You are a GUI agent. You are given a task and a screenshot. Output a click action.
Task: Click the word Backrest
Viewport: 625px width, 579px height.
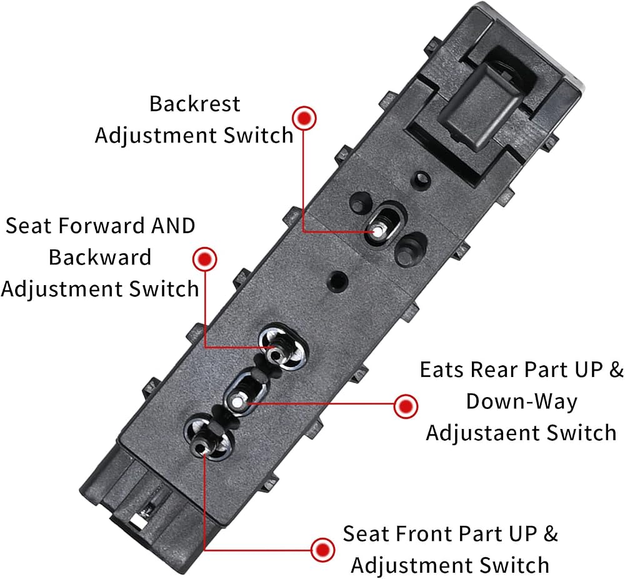(x=194, y=104)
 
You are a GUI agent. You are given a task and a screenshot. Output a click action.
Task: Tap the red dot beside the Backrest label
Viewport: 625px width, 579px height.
(x=304, y=118)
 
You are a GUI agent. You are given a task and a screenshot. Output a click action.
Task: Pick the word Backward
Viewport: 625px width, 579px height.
(x=100, y=257)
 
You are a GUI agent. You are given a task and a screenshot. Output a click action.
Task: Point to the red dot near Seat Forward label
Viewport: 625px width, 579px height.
(x=204, y=259)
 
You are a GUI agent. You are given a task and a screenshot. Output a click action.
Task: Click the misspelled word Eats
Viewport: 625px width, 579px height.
(x=442, y=370)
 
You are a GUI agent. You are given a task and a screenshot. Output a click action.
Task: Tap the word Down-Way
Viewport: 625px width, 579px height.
(x=522, y=401)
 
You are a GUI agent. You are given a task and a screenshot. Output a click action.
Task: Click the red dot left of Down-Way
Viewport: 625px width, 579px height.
(x=406, y=406)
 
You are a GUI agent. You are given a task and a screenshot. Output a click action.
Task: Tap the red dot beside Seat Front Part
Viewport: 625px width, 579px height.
(x=322, y=550)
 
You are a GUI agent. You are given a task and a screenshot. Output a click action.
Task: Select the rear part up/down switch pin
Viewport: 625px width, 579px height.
(x=237, y=402)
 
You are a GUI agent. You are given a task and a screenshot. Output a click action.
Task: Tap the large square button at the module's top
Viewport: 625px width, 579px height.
(x=479, y=104)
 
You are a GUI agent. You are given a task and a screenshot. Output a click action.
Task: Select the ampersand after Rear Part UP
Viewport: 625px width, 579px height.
(x=616, y=370)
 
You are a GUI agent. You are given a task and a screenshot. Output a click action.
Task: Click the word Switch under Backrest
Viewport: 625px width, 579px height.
(x=258, y=136)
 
